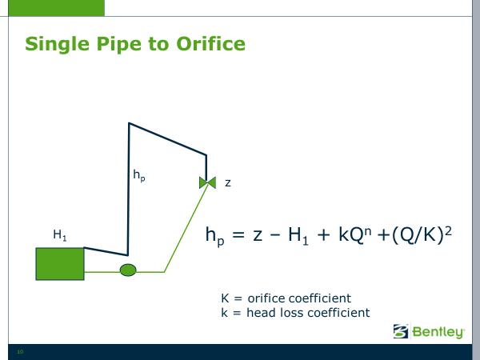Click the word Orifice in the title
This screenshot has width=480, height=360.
point(211,43)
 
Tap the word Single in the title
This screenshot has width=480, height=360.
point(58,45)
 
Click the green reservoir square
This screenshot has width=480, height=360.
point(60,264)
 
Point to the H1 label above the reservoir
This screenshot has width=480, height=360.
point(60,235)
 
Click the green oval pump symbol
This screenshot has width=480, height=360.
point(128,270)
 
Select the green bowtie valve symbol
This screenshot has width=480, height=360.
point(207,182)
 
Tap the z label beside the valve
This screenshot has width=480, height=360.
point(228,183)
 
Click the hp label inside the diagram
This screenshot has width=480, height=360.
point(139,176)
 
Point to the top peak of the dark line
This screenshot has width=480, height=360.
point(129,123)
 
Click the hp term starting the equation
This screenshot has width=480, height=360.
point(215,236)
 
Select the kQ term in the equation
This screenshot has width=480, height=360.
point(355,234)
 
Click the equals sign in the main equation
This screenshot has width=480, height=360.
point(238,235)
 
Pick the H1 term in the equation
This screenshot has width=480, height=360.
point(298,236)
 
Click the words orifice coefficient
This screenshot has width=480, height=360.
point(299,298)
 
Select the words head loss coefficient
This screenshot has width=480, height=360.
point(308,313)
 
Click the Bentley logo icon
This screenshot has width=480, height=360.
point(401,331)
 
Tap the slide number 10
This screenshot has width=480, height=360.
point(20,352)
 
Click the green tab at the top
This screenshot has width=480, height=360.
point(56,8)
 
